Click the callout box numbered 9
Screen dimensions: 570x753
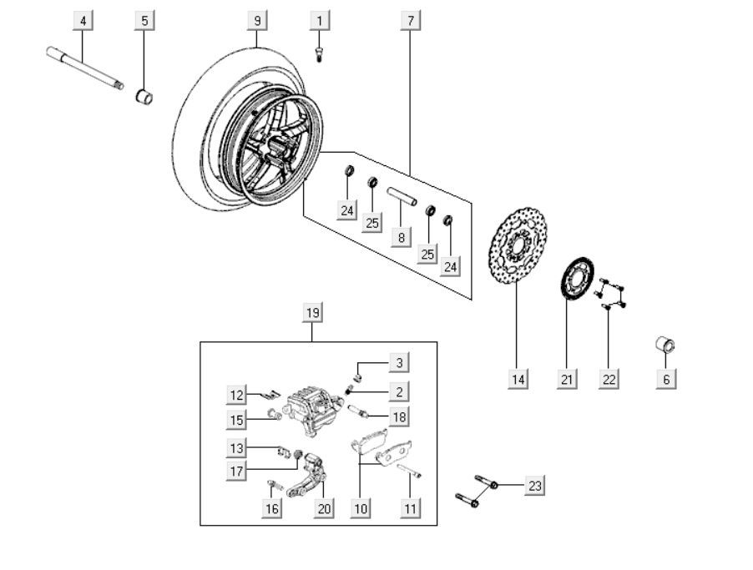[x=257, y=19]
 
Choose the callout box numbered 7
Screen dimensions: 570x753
[x=410, y=19]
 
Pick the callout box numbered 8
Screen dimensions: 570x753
[x=402, y=237]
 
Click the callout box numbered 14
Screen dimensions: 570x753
[x=518, y=379]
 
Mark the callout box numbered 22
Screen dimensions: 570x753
[x=609, y=379]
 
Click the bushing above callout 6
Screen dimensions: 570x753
[x=665, y=345]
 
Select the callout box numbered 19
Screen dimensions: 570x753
[x=312, y=313]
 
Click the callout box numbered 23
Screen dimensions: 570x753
[x=534, y=486]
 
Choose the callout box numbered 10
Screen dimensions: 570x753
[x=360, y=507]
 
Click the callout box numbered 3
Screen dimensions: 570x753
[x=399, y=362]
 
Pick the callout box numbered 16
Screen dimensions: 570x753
[x=272, y=507]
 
